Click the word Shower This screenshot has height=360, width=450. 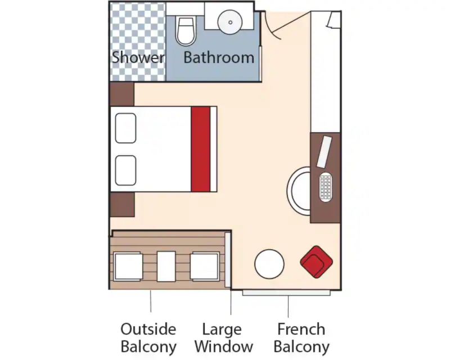point(138,57)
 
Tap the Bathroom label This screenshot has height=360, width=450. point(219,57)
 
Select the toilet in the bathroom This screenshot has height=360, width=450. point(186,31)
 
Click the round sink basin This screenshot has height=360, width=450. point(230,22)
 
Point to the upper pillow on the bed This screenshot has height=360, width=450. point(125,128)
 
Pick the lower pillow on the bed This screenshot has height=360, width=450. point(125,170)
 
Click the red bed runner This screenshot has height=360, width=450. point(201,149)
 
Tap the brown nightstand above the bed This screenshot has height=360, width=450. point(122,94)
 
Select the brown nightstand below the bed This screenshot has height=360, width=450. point(122,204)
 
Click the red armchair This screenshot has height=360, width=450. point(316,262)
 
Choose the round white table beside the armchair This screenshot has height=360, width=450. point(269,264)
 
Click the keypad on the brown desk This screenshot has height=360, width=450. point(326,187)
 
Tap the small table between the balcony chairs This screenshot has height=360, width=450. point(166,266)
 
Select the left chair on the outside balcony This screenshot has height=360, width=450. point(128,266)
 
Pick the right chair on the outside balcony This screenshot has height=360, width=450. point(205,266)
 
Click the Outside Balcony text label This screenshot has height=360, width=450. point(148,337)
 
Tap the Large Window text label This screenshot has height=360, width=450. point(224,337)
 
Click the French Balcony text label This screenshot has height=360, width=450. point(301,337)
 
